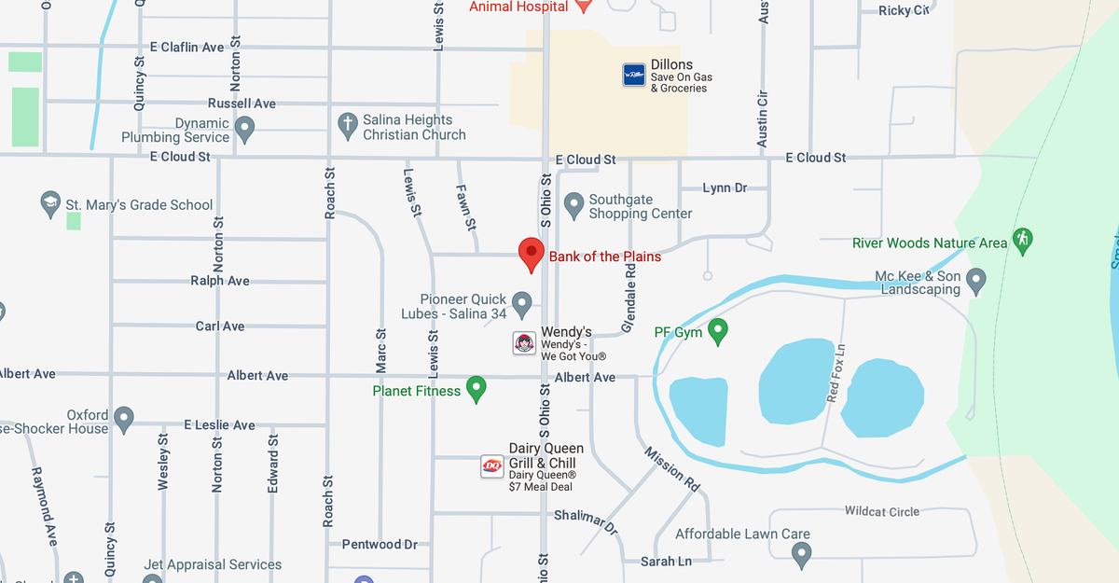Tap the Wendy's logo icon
[525, 342]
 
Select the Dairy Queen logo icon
[492, 466]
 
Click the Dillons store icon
[634, 75]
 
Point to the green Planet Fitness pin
[477, 388]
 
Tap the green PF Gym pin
[718, 330]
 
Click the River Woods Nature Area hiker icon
[1022, 241]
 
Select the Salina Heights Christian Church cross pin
[348, 125]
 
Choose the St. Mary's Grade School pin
[51, 203]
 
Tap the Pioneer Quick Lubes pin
[522, 303]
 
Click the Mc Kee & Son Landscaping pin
[976, 279]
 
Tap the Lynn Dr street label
[725, 188]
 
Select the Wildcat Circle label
[881, 511]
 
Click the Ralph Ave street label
[220, 281]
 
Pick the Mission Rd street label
[671, 468]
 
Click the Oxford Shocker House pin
[124, 418]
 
